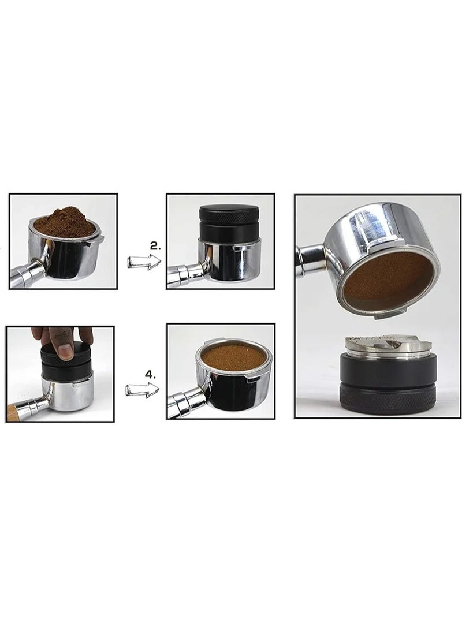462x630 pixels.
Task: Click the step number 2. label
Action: click(155, 246)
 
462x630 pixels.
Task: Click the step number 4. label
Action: click(150, 374)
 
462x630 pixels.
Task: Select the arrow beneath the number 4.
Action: click(143, 390)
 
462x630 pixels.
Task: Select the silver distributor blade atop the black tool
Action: click(389, 346)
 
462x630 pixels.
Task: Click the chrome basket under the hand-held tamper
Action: click(67, 390)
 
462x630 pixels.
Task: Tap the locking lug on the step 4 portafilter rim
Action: click(254, 378)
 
